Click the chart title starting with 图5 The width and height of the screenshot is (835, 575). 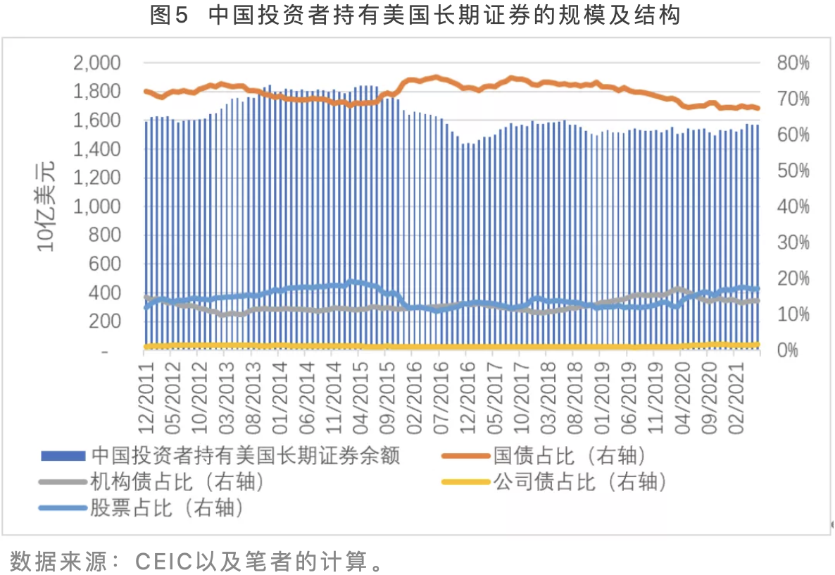[x=415, y=16]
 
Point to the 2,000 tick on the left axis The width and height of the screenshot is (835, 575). [x=96, y=63]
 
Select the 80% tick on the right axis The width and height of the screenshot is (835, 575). [x=793, y=63]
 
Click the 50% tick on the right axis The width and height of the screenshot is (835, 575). [x=793, y=171]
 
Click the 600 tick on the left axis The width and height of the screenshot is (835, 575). [x=106, y=264]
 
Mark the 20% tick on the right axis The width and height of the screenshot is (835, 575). [x=793, y=279]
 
